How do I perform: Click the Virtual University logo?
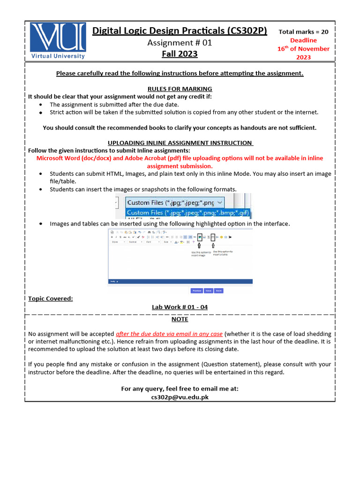coord(58,41)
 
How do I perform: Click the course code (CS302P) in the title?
coord(247,31)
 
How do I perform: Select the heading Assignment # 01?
coord(180,43)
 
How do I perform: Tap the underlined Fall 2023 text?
coord(180,54)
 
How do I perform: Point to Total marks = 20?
coord(303,32)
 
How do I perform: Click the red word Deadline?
coord(303,40)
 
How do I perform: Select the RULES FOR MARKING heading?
coord(180,89)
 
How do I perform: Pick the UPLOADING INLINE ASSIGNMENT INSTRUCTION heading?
coord(180,143)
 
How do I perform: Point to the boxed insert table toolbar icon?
coord(213,237)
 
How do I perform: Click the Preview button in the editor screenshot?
coord(196,291)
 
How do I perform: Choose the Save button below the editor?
coord(208,291)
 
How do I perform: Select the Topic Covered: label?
coord(51,299)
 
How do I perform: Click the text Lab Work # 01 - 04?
coord(180,307)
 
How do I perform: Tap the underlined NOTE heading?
coord(180,319)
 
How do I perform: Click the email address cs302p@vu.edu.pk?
coord(180,397)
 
